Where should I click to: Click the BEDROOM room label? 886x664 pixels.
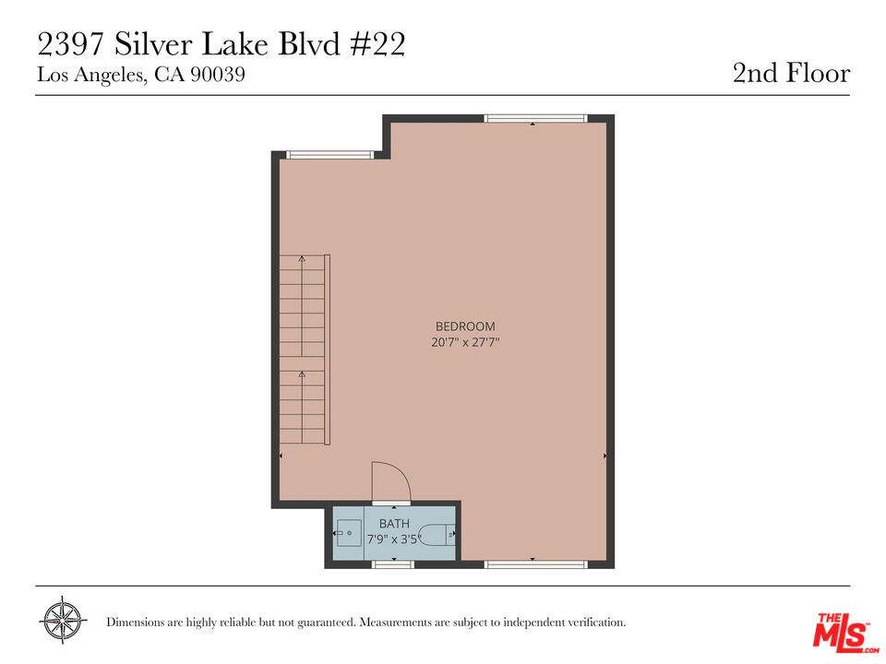(465, 326)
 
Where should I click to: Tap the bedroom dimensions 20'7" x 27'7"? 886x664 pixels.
(465, 342)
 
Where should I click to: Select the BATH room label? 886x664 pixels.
(394, 524)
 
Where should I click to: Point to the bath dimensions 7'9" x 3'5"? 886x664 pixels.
(394, 539)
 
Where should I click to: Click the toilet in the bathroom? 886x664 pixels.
(437, 534)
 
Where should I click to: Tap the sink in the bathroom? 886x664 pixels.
(349, 533)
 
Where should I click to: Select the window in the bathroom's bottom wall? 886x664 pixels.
(393, 564)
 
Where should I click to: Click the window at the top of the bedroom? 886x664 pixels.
(535, 119)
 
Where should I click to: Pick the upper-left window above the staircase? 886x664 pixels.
(330, 155)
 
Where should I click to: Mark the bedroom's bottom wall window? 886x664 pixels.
(535, 564)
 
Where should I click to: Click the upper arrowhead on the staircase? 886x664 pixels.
(302, 258)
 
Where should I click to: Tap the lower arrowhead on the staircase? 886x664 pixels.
(302, 373)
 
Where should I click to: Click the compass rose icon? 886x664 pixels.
(63, 620)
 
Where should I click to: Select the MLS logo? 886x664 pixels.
(845, 631)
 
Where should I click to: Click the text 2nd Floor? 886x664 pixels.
(791, 74)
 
